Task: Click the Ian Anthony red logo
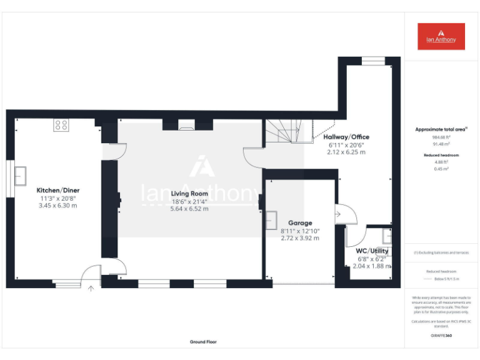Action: pos(441,36)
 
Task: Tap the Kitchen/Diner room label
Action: pos(57,190)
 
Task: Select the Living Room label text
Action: pos(190,194)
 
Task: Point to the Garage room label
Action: pos(299,223)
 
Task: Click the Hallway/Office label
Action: pos(346,137)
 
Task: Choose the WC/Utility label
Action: pos(372,251)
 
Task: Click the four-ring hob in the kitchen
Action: pos(61,125)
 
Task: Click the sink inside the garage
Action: pos(272,221)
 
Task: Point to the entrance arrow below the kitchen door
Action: pos(91,288)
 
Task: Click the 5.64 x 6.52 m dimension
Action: pos(190,209)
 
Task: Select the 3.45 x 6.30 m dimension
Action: pos(57,205)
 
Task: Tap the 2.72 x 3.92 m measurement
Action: pos(299,238)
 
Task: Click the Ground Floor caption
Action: pos(203,342)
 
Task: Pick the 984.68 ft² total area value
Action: pos(441,137)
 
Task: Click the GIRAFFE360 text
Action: pos(441,336)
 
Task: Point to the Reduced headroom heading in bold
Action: pos(441,154)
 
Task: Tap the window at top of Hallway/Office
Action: pos(374,61)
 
